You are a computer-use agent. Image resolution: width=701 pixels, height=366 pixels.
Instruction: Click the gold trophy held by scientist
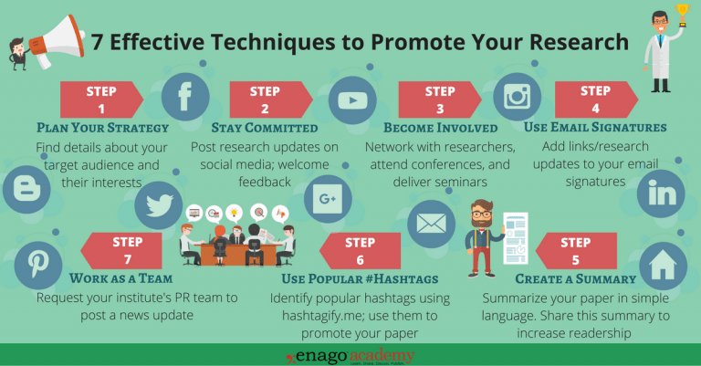tap(681, 13)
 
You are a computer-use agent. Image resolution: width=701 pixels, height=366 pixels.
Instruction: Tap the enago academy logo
tap(350, 354)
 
